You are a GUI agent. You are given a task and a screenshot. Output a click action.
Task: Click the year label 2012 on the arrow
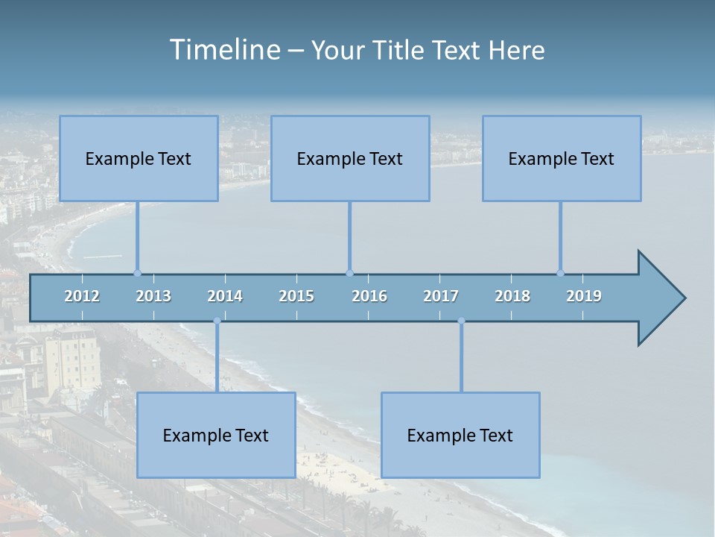(82, 296)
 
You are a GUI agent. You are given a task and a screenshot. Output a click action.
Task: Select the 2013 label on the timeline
(153, 296)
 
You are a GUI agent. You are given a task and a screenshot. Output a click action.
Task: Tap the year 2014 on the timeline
(225, 296)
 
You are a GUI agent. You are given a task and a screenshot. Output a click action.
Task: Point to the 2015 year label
(296, 296)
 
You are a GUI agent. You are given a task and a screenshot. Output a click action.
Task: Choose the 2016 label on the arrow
(369, 296)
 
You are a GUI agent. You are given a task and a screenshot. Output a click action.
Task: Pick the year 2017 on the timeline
(441, 296)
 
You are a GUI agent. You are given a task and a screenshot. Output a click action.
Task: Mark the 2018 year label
(512, 296)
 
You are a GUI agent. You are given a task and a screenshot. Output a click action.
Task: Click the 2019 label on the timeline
(584, 296)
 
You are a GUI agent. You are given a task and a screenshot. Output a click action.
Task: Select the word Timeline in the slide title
(224, 50)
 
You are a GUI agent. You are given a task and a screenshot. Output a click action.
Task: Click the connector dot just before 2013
(137, 273)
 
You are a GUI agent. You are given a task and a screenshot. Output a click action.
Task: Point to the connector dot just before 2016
(349, 273)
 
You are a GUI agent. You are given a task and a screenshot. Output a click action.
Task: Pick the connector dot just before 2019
(560, 273)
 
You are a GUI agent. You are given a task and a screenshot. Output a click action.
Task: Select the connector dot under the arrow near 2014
(217, 321)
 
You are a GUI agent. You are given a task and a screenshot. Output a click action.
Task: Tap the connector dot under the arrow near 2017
(461, 321)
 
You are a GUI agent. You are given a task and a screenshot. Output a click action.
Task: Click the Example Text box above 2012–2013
(139, 159)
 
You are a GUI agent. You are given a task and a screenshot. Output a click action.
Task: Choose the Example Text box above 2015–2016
(350, 159)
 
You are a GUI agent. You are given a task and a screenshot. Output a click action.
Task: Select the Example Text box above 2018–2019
(562, 159)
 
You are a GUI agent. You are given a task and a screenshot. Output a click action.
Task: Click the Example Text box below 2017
(460, 435)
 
